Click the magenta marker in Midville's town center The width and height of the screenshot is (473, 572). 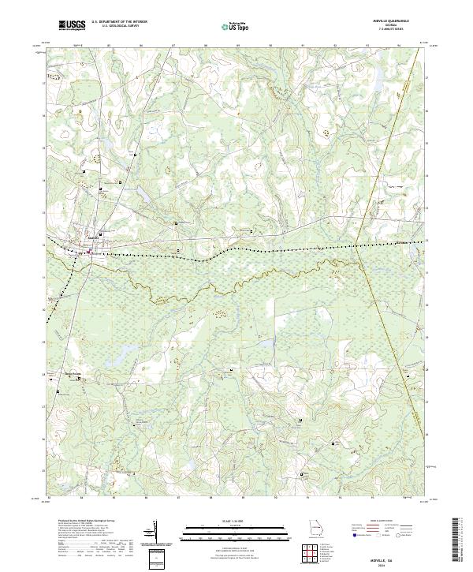89,252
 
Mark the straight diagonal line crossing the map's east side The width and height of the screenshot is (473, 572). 378,237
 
